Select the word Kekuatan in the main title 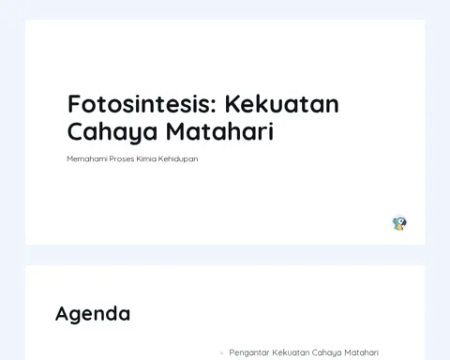tap(282, 104)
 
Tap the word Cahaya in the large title tap(112, 132)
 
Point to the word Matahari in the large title tap(220, 131)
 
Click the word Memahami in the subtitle tap(87, 158)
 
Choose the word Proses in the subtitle tap(122, 158)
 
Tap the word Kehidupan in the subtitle tap(178, 159)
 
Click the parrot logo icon tap(399, 224)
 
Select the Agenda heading tap(93, 314)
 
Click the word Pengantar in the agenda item tap(249, 352)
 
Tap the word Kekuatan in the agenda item tap(291, 352)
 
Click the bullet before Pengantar tap(221, 352)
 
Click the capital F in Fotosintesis tap(73, 104)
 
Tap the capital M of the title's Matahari tap(176, 131)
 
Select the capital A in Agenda tap(63, 313)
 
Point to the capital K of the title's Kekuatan tap(232, 104)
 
